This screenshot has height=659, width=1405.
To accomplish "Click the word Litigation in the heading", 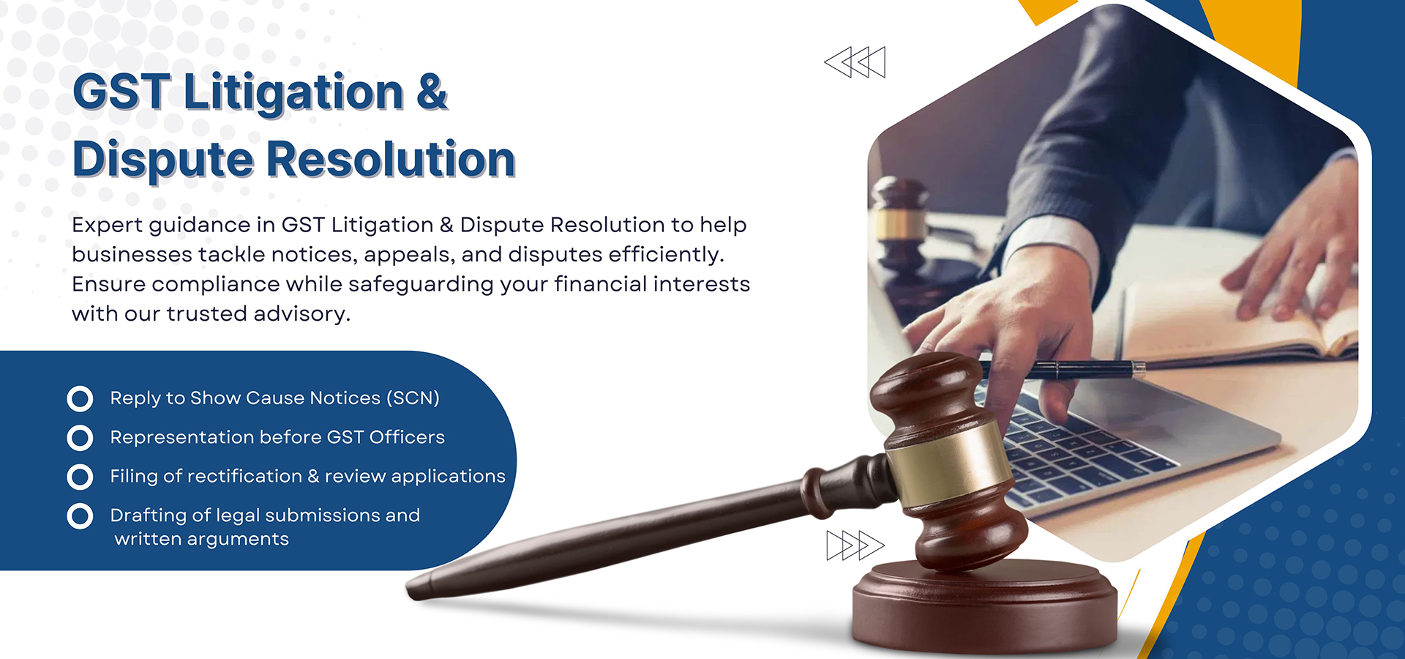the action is pyautogui.click(x=293, y=94).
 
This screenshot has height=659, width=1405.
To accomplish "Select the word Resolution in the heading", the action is pyautogui.click(x=391, y=159).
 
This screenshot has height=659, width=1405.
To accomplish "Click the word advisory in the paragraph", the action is pyautogui.click(x=301, y=314).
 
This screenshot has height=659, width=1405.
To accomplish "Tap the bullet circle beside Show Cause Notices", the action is pyautogui.click(x=80, y=398).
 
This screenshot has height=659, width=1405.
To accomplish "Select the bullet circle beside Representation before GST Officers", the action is pyautogui.click(x=80, y=438).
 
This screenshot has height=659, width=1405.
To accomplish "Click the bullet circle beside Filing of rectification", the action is pyautogui.click(x=80, y=477).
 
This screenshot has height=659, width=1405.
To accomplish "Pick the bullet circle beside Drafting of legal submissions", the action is pyautogui.click(x=80, y=515).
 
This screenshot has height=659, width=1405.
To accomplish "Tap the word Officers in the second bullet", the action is pyautogui.click(x=407, y=437).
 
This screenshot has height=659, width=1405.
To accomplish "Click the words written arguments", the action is pyautogui.click(x=202, y=540).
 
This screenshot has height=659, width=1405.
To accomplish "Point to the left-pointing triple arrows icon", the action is pyautogui.click(x=855, y=62).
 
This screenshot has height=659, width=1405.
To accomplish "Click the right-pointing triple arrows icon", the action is pyautogui.click(x=855, y=546).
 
